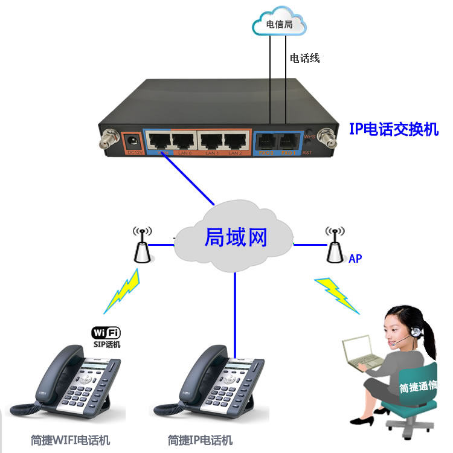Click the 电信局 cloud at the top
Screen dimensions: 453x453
[x=279, y=25]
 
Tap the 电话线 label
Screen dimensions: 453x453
[x=304, y=58]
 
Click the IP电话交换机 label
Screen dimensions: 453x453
[x=394, y=129]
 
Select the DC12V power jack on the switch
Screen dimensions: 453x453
[x=131, y=143]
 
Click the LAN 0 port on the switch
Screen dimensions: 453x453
[x=184, y=141]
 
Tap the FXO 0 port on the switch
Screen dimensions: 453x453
[x=266, y=143]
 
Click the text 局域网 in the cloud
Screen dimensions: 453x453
[x=236, y=237]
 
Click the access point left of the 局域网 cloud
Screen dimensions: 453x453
[x=143, y=245]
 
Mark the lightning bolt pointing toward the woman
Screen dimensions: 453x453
[x=338, y=295]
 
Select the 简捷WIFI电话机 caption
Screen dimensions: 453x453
[x=71, y=440]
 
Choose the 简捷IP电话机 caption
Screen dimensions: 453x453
[x=200, y=440]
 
